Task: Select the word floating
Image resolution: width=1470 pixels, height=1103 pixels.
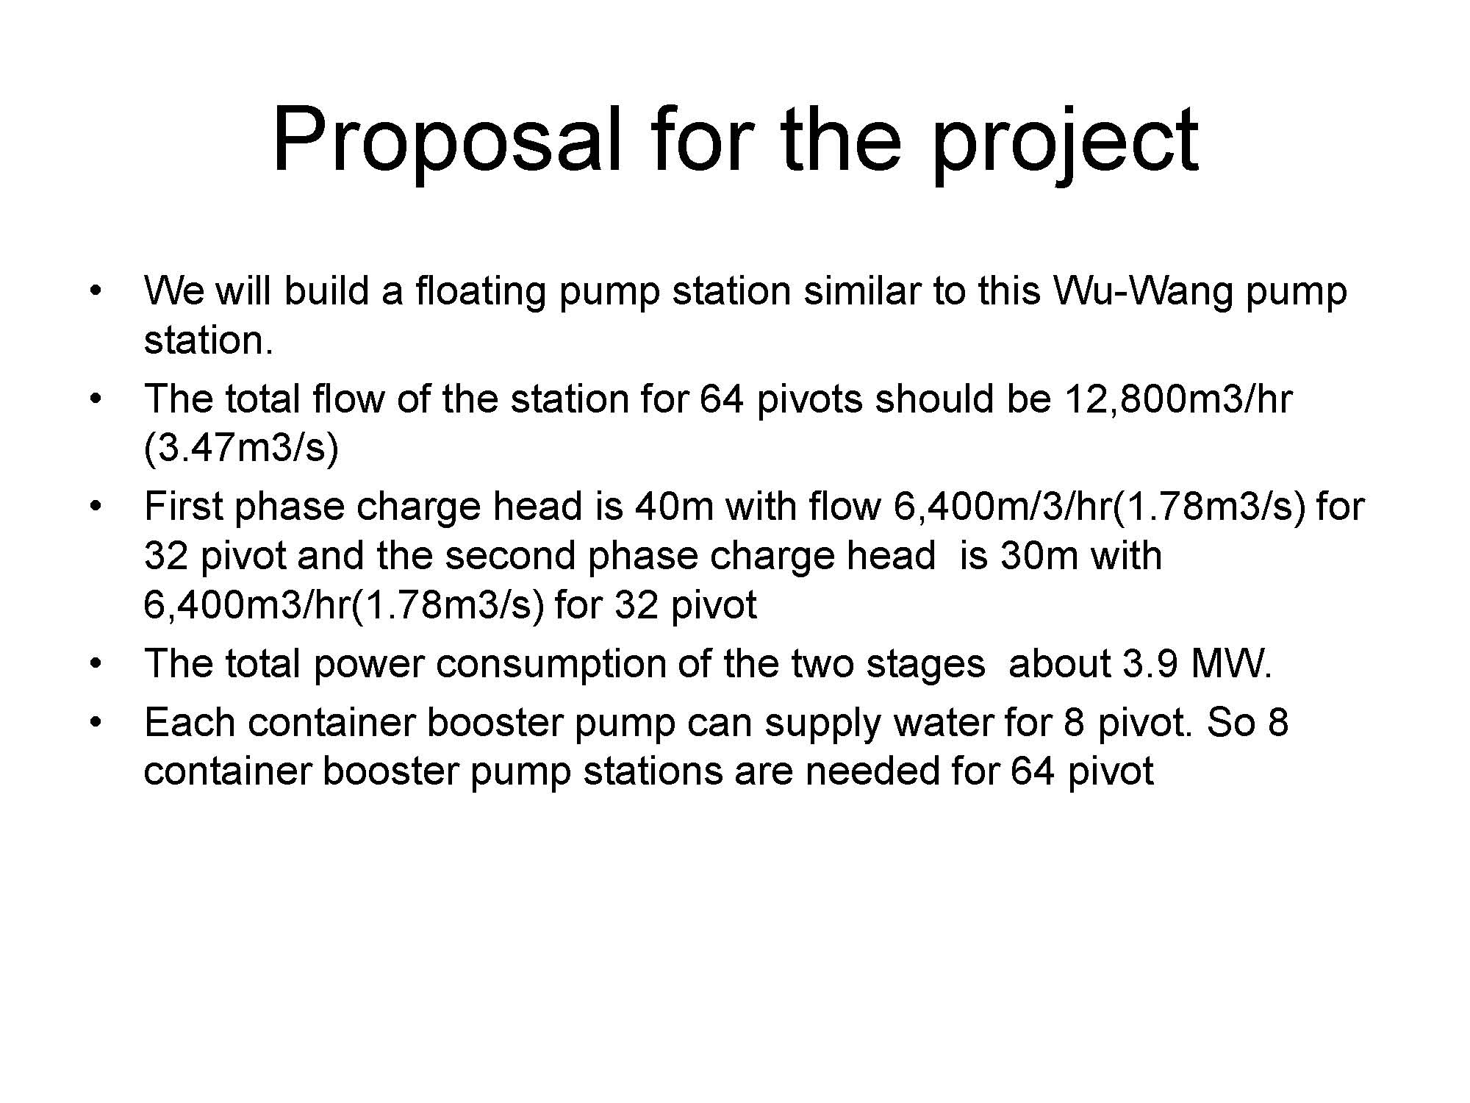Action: [480, 291]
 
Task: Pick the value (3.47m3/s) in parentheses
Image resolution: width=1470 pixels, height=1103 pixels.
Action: [241, 448]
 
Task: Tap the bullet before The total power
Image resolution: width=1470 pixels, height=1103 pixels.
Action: [93, 664]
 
